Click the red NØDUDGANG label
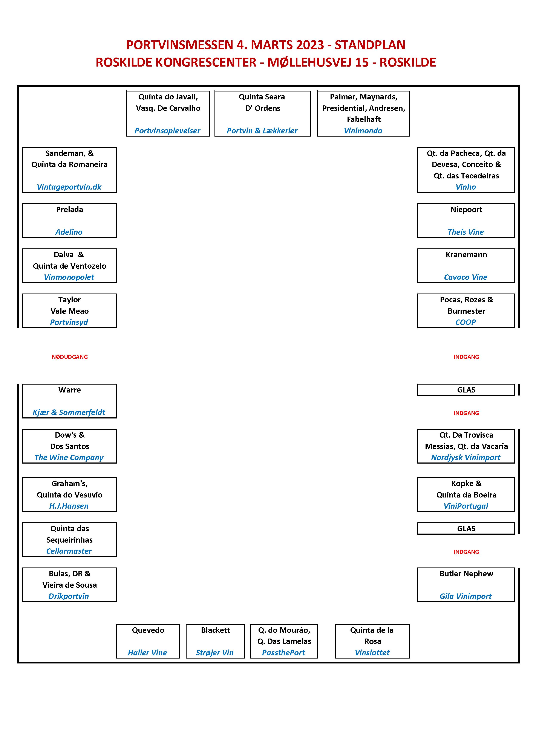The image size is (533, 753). [70, 357]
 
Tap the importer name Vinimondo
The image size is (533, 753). [363, 131]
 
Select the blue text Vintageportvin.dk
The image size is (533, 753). [69, 187]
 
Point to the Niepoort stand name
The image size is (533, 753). [466, 210]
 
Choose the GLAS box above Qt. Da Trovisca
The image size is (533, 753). [466, 390]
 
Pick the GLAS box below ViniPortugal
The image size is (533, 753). [466, 529]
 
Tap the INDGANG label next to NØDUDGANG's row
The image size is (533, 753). [466, 357]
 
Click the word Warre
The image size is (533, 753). [70, 390]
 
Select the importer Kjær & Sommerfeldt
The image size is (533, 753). [69, 413]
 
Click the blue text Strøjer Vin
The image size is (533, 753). [215, 653]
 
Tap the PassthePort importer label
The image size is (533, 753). [283, 653]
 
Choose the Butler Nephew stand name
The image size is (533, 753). [466, 573]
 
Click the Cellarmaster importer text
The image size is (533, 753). [69, 551]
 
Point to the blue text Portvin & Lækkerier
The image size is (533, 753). [262, 131]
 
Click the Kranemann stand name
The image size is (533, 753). [466, 255]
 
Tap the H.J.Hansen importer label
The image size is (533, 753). [69, 506]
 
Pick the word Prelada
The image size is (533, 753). [70, 210]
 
